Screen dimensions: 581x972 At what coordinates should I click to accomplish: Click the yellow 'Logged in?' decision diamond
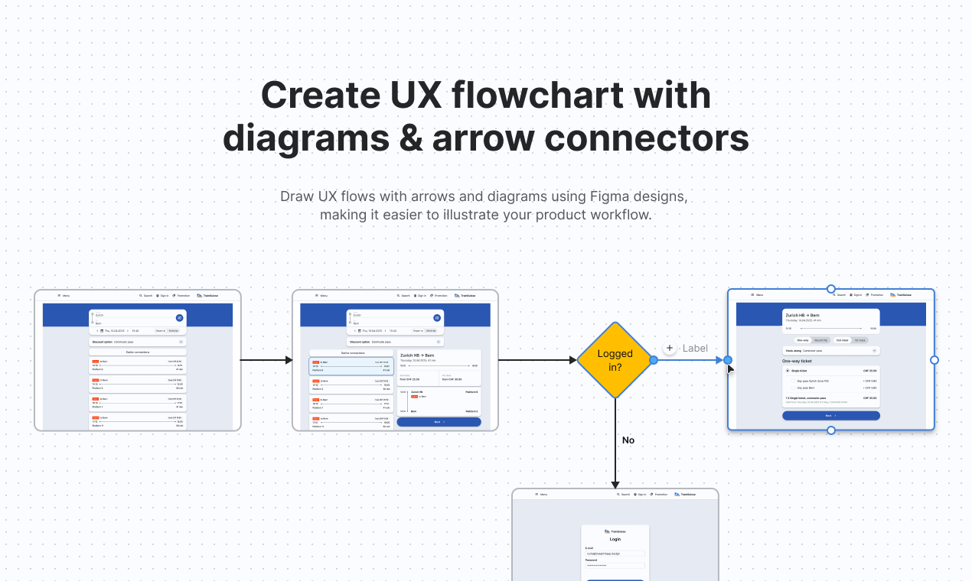[x=615, y=359]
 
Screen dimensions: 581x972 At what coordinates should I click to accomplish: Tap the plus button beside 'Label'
[x=670, y=348]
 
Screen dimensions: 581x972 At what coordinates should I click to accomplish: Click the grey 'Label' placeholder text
[x=695, y=348]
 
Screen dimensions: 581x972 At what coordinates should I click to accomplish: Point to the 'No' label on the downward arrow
[x=628, y=440]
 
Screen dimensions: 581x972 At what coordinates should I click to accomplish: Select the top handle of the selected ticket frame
[x=831, y=289]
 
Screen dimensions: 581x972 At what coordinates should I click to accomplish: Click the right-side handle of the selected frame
[x=934, y=360]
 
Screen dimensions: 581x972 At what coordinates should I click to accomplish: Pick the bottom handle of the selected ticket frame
[x=831, y=430]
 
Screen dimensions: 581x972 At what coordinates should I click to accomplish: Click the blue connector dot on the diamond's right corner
[x=654, y=359]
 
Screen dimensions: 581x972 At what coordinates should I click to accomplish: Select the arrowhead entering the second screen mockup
[x=289, y=359]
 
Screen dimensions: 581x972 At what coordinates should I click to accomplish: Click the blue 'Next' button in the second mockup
[x=439, y=422]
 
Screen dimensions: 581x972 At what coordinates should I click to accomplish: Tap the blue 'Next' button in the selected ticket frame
[x=830, y=416]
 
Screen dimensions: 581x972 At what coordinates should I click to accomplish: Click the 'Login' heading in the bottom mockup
[x=615, y=539]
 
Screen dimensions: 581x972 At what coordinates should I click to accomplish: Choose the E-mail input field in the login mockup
[x=615, y=553]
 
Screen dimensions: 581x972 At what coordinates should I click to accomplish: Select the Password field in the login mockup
[x=615, y=566]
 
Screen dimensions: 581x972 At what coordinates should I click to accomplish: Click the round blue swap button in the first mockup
[x=179, y=317]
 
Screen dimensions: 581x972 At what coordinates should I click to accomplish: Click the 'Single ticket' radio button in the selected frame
[x=788, y=371]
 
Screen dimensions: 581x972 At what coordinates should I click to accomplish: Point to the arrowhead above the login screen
[x=615, y=484]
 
